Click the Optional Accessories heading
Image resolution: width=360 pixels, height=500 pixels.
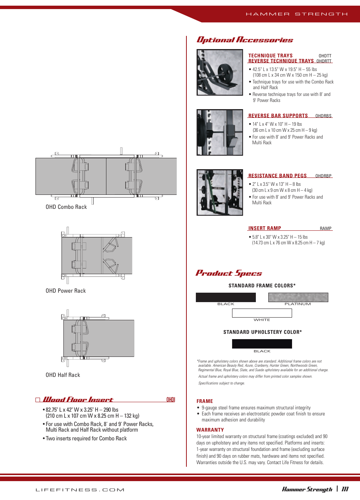(x=245, y=40)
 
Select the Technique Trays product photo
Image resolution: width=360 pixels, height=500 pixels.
(x=220, y=73)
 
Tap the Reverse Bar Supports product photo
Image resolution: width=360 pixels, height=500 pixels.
(x=220, y=133)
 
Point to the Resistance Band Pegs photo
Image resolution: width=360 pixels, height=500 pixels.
(x=220, y=193)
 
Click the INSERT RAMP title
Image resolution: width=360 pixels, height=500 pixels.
(x=265, y=228)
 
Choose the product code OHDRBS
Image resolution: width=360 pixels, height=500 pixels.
(x=323, y=116)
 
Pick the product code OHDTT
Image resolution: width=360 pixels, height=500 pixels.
(x=325, y=56)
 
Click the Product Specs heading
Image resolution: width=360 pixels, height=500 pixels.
(x=229, y=273)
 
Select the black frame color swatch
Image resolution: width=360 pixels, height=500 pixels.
(x=226, y=297)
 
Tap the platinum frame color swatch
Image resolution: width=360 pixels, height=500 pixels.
(x=298, y=297)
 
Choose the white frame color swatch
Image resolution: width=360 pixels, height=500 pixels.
(x=262, y=313)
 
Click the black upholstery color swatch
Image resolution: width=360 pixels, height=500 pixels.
(x=262, y=344)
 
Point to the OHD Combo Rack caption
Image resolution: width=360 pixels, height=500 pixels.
(x=66, y=207)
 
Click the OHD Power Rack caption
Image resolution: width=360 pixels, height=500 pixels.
(x=66, y=291)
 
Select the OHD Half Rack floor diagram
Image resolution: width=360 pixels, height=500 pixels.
(x=98, y=338)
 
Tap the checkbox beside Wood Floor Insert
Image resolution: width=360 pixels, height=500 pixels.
(x=38, y=400)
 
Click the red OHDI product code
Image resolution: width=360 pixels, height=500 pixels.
(x=171, y=400)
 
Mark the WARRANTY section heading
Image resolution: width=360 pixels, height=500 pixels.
(x=210, y=430)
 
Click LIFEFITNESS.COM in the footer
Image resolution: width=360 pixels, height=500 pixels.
(x=80, y=490)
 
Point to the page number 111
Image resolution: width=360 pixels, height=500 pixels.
(x=345, y=489)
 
